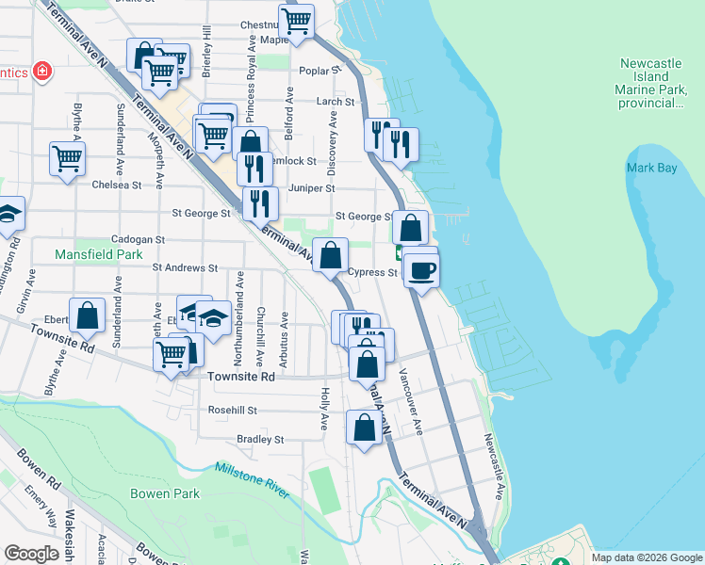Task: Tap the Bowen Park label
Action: tap(165, 493)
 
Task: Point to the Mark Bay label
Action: tap(652, 169)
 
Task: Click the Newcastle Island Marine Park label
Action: tap(650, 83)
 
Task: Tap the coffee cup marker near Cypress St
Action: tap(421, 270)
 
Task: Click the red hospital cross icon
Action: tap(41, 71)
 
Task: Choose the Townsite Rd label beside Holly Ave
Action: tap(240, 377)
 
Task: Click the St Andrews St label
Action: tap(186, 268)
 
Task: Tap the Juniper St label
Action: tap(312, 188)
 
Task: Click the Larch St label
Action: tap(336, 102)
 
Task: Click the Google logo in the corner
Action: tap(31, 554)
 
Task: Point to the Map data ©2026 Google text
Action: tap(647, 557)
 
